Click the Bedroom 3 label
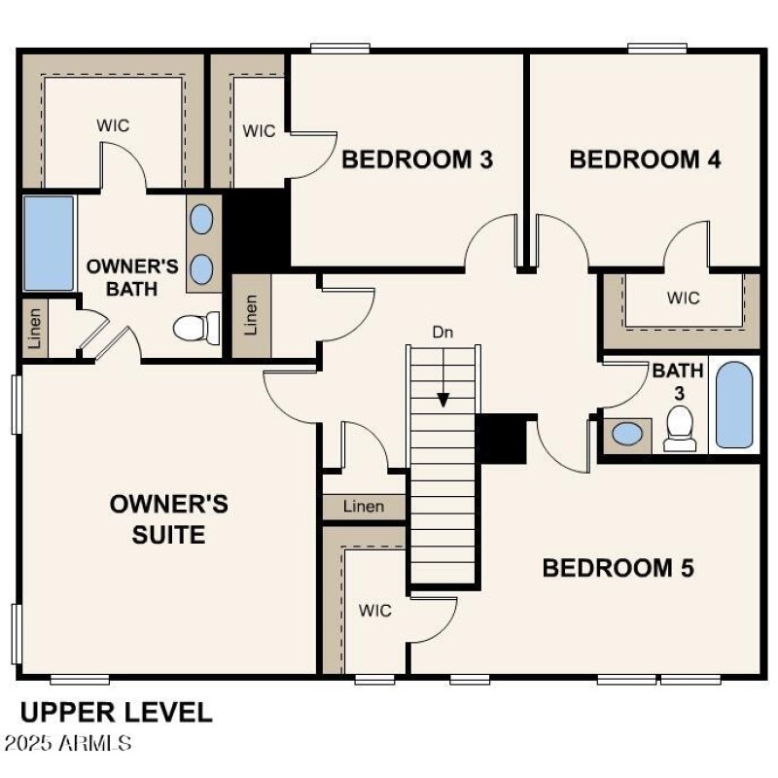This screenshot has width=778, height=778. pyautogui.click(x=417, y=159)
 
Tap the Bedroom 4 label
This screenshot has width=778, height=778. pyautogui.click(x=645, y=159)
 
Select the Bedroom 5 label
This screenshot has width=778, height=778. pyautogui.click(x=618, y=568)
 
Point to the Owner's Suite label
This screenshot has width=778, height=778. pyautogui.click(x=169, y=519)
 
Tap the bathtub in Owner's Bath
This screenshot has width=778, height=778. pyautogui.click(x=49, y=243)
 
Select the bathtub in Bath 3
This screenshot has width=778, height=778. pyautogui.click(x=734, y=406)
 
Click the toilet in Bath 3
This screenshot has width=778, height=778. pyautogui.click(x=680, y=428)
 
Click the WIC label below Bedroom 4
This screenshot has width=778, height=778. pyautogui.click(x=683, y=299)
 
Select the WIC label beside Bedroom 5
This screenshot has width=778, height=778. pyautogui.click(x=374, y=611)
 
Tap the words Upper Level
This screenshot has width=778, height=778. pyautogui.click(x=116, y=712)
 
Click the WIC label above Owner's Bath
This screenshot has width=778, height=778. pyautogui.click(x=113, y=126)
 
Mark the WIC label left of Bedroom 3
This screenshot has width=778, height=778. pyautogui.click(x=259, y=130)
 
